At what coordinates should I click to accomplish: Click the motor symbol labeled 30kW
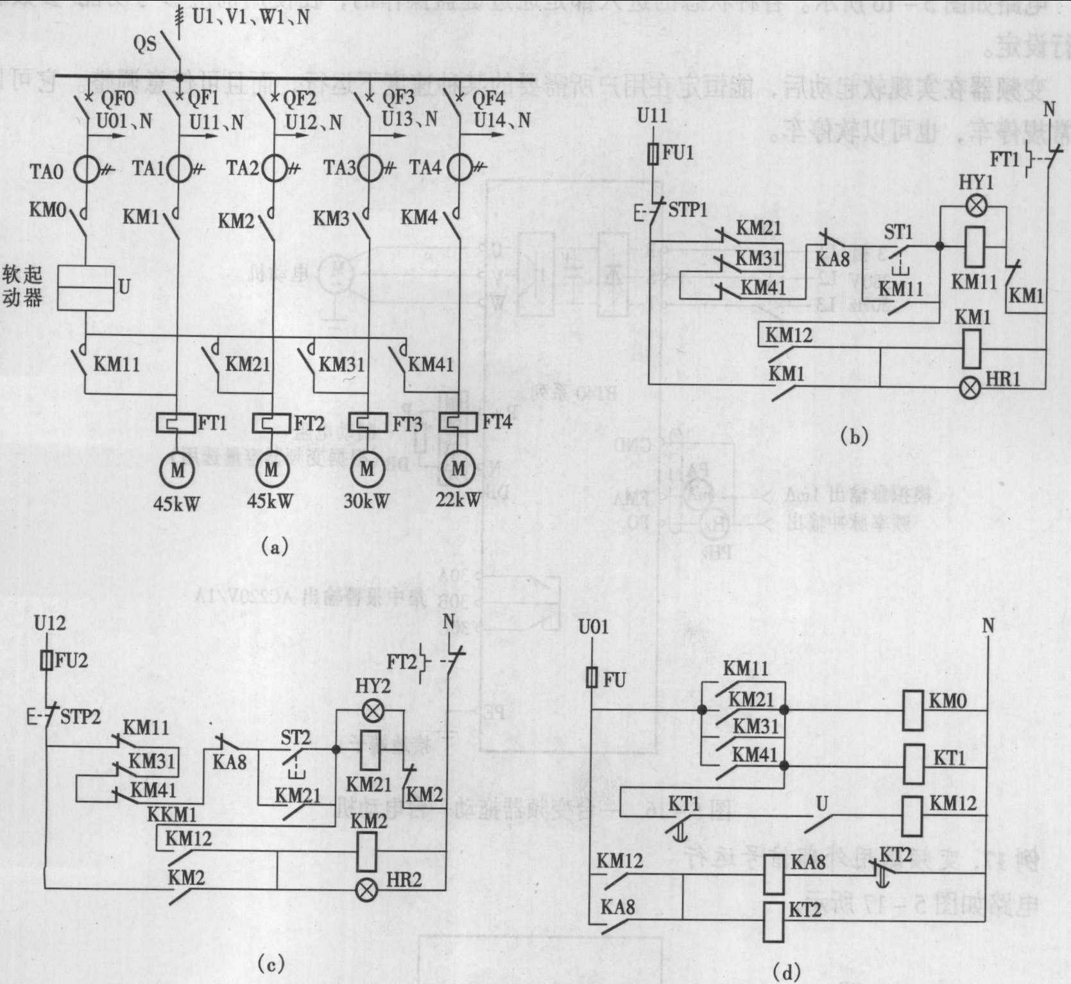(x=368, y=469)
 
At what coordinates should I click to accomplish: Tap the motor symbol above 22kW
(x=458, y=469)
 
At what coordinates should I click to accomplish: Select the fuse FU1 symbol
(x=653, y=154)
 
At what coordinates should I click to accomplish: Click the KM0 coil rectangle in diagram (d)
(x=912, y=710)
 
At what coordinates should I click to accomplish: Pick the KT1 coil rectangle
(x=912, y=764)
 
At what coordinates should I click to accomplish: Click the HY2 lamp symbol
(x=370, y=711)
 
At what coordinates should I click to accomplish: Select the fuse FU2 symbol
(x=46, y=660)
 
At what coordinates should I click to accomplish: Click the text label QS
(x=144, y=44)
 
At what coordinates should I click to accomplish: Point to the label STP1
(x=687, y=210)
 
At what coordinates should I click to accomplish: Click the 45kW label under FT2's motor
(x=270, y=501)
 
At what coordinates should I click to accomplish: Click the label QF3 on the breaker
(x=398, y=98)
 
